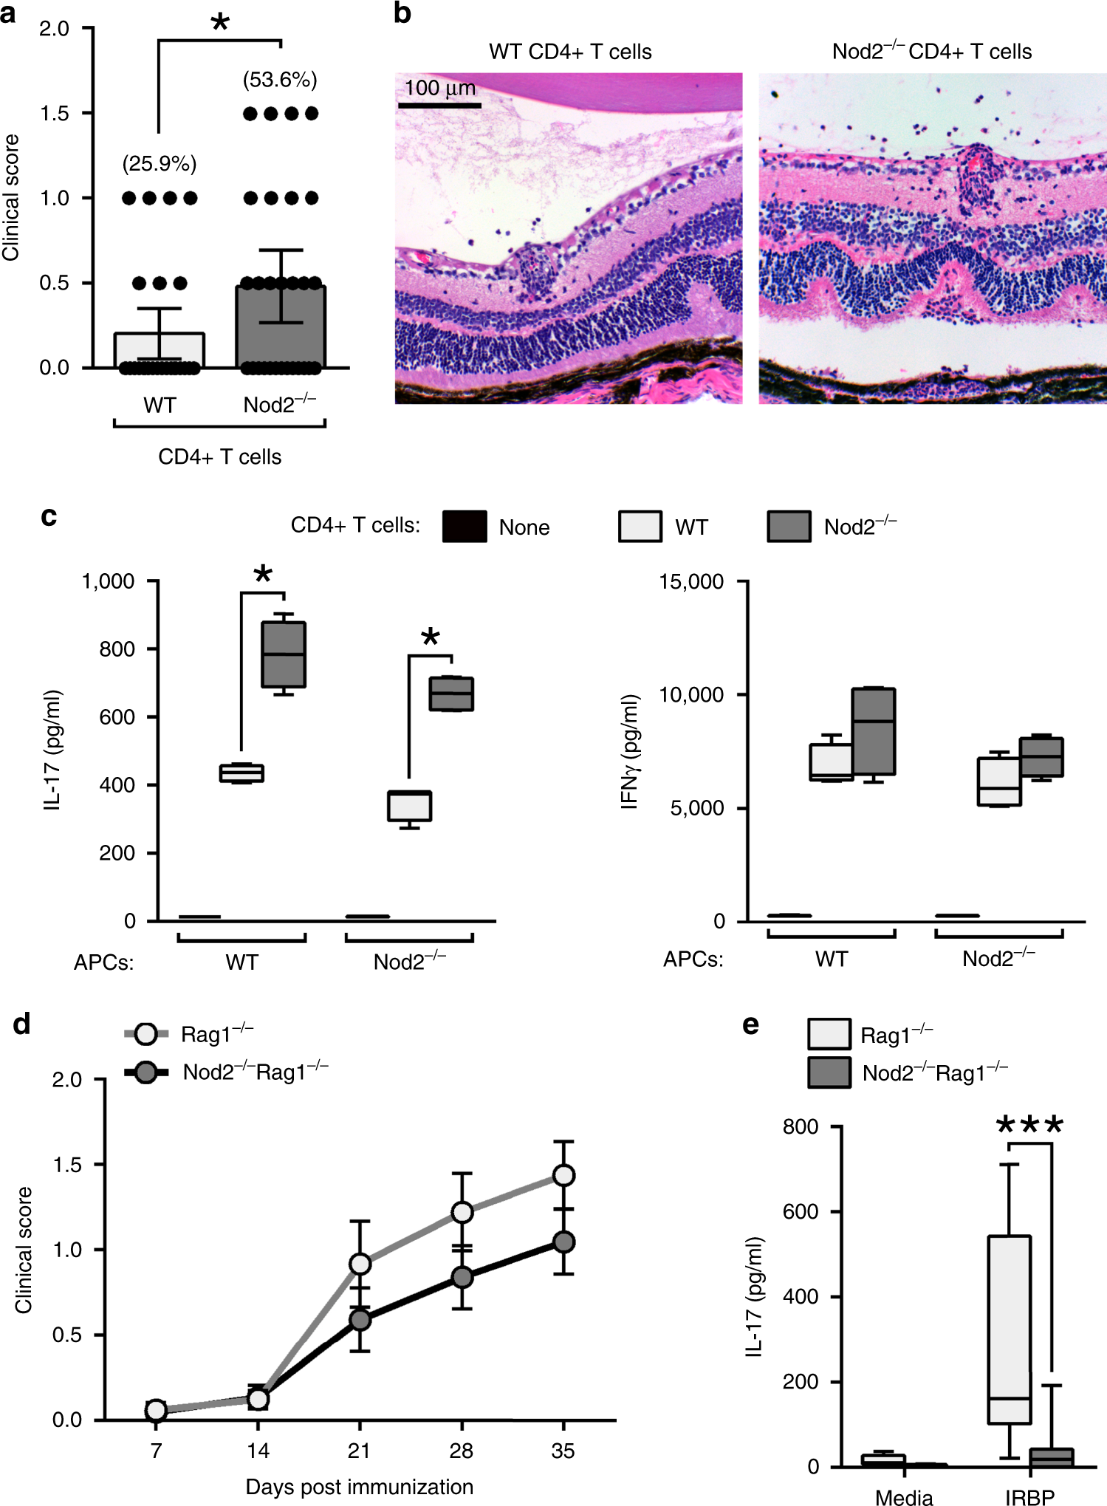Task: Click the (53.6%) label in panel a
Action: (280, 80)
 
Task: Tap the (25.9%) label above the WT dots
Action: (160, 164)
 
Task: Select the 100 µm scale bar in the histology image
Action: (440, 106)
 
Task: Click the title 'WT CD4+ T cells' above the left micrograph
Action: (570, 52)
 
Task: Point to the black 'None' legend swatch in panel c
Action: (465, 527)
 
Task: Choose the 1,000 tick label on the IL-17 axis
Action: (109, 581)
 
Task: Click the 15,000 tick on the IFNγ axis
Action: (691, 581)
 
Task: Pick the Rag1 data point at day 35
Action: (563, 1175)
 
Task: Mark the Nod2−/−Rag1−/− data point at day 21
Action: (360, 1319)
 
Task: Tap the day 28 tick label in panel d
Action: (462, 1451)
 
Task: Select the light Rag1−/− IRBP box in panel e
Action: (1009, 1329)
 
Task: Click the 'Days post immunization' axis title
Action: (360, 1486)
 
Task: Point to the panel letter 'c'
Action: (49, 516)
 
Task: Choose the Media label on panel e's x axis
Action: (904, 1497)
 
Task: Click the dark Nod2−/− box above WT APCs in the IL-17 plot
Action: (284, 654)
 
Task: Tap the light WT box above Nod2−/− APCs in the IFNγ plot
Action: (999, 781)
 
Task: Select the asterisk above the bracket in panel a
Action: (220, 22)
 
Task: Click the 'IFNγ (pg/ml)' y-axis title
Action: (629, 752)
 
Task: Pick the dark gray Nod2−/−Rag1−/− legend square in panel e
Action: (829, 1072)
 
